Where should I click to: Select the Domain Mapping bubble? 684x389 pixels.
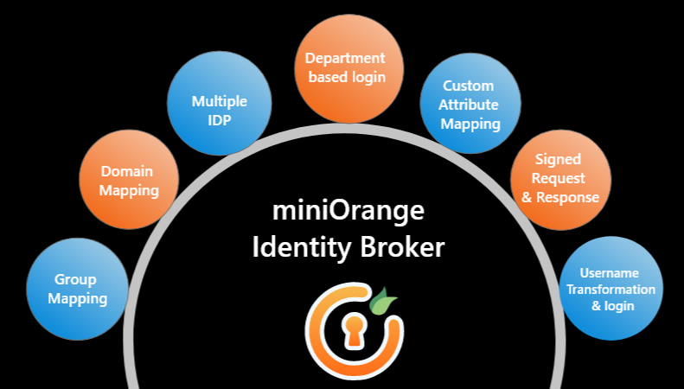coord(129,181)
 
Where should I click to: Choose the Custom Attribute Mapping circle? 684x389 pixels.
coord(470,105)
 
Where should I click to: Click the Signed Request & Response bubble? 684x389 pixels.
coord(559,179)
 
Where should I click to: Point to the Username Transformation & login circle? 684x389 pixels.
coord(610,287)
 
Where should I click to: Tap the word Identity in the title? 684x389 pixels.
coord(293,247)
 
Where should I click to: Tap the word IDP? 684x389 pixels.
coord(219,119)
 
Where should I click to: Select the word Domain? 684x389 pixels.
coord(129,171)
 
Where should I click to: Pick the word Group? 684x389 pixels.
coord(76,280)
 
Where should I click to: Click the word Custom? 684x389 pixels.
coord(468,86)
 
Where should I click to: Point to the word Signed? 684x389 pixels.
coord(558,160)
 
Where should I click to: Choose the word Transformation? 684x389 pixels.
coord(610,289)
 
